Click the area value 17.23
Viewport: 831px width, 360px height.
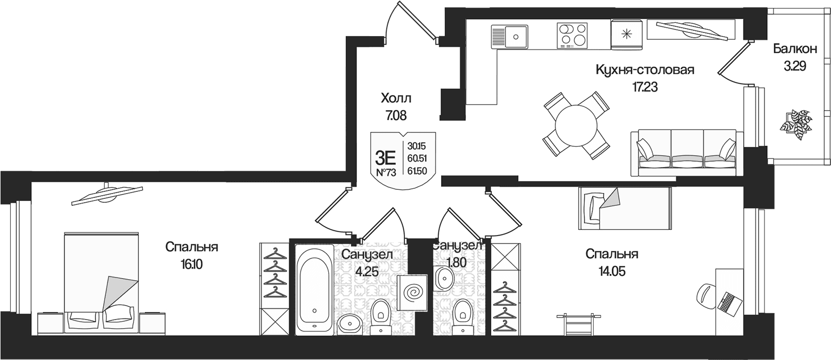[645, 87]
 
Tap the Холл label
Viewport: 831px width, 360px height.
[396, 98]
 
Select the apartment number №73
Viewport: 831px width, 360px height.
[386, 172]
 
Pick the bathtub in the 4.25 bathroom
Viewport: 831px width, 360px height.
[315, 289]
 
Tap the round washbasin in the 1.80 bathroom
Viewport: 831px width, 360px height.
[444, 278]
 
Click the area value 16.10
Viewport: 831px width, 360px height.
[192, 265]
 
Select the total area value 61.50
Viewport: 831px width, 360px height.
[417, 171]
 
